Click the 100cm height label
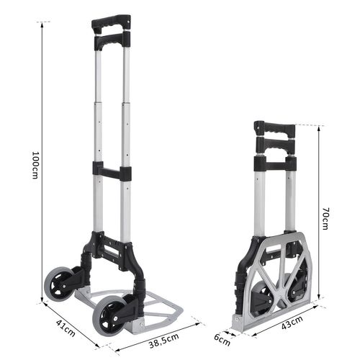click(x=35, y=166)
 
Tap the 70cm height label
click(x=325, y=219)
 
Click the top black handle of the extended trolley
click(x=111, y=22)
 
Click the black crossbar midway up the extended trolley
click(x=112, y=172)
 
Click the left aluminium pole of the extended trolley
click(x=98, y=130)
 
